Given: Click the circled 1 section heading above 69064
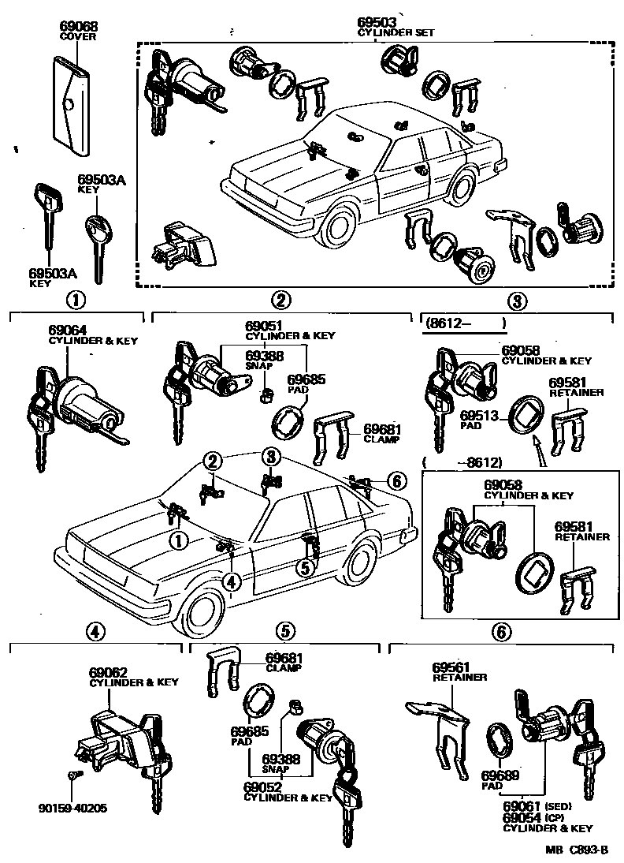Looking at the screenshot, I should tap(76, 300).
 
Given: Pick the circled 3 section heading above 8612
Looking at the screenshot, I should tap(515, 300).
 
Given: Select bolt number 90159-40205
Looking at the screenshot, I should tap(73, 808).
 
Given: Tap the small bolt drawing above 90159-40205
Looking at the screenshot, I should tap(73, 777).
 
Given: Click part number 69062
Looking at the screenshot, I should tap(106, 671).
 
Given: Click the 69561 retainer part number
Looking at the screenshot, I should tap(450, 667).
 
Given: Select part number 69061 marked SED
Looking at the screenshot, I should tap(523, 807).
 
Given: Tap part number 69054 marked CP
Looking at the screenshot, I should tap(523, 817).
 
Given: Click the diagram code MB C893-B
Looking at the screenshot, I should tap(578, 850).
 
